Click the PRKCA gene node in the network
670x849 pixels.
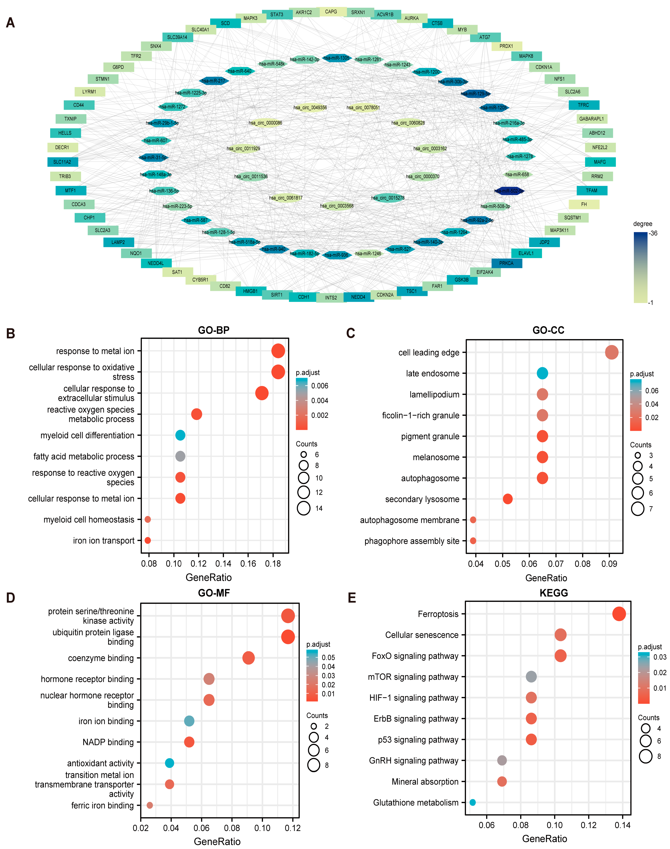pos(506,263)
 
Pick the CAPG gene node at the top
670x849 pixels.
pos(331,12)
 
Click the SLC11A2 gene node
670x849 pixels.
pos(62,162)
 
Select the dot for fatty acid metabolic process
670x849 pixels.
pos(180,456)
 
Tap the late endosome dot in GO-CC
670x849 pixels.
pos(542,373)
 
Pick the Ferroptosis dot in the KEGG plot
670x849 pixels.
pos(619,614)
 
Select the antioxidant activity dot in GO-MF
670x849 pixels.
pos(169,763)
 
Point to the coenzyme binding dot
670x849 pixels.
pos(248,658)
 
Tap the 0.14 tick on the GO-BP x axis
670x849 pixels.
pos(223,564)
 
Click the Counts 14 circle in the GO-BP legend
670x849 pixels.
pos(304,508)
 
